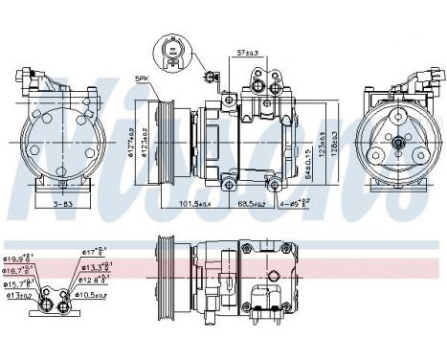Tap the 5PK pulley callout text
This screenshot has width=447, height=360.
144,78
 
